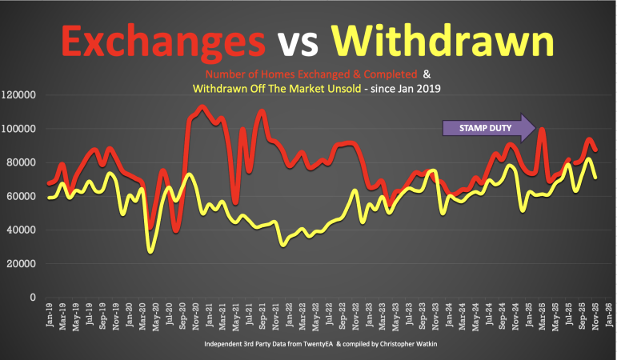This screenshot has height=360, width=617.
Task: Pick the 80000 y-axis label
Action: pyautogui.click(x=22, y=162)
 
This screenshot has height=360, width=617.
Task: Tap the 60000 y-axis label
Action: pyautogui.click(x=22, y=196)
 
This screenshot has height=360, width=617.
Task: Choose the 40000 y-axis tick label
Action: pyautogui.click(x=22, y=230)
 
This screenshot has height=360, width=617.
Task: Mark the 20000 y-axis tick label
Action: pyautogui.click(x=22, y=263)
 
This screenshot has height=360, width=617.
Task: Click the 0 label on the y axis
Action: pyautogui.click(x=33, y=297)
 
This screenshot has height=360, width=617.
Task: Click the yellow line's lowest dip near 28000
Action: pyautogui.click(x=150, y=251)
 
